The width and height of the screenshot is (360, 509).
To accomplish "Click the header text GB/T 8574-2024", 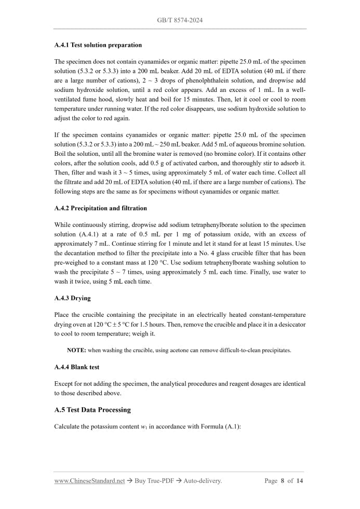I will (x=180, y=20).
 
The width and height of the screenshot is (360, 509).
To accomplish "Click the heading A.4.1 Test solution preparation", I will (x=98, y=45).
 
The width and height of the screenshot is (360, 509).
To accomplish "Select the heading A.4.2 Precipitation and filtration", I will (x=100, y=208).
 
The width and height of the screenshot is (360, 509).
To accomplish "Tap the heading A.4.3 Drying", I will (x=72, y=299).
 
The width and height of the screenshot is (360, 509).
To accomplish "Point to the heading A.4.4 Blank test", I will (x=76, y=367).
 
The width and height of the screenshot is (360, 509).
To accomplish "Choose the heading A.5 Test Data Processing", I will (x=92, y=410).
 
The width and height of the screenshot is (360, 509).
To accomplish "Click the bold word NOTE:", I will (x=76, y=351).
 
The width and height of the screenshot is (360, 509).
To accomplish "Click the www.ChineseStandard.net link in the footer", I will (x=89, y=481).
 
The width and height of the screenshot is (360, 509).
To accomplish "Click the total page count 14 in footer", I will (x=300, y=481).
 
